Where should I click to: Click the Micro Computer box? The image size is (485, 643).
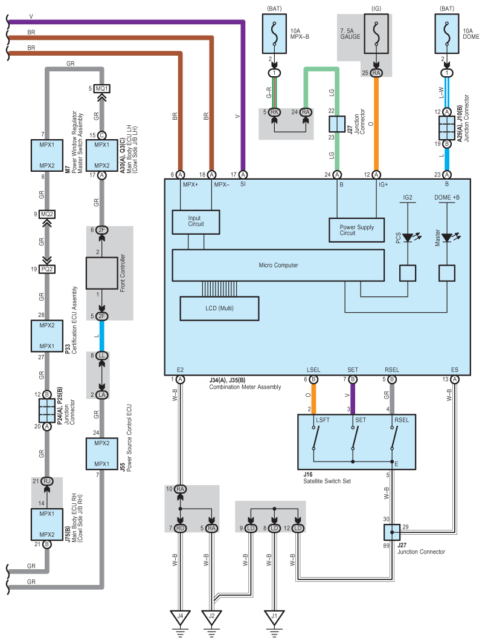pos(278,266)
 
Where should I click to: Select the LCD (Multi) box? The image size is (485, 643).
pos(220,308)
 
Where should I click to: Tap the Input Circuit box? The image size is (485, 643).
pos(196,222)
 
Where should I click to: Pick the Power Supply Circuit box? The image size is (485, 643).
pos(356,230)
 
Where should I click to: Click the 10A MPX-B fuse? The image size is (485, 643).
pos(274,34)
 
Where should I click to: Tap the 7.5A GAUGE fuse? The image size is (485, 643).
pos(376,34)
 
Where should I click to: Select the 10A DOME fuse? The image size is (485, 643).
pos(446,34)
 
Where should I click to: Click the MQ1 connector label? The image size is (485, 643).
pos(101,88)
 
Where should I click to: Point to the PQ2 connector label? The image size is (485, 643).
pos(47,269)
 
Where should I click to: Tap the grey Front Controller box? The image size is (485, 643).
pos(101,273)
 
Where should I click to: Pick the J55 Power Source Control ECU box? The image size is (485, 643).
pos(101,454)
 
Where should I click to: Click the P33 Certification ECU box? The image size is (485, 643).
pos(47,336)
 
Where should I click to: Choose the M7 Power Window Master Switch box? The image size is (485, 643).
pos(47,155)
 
